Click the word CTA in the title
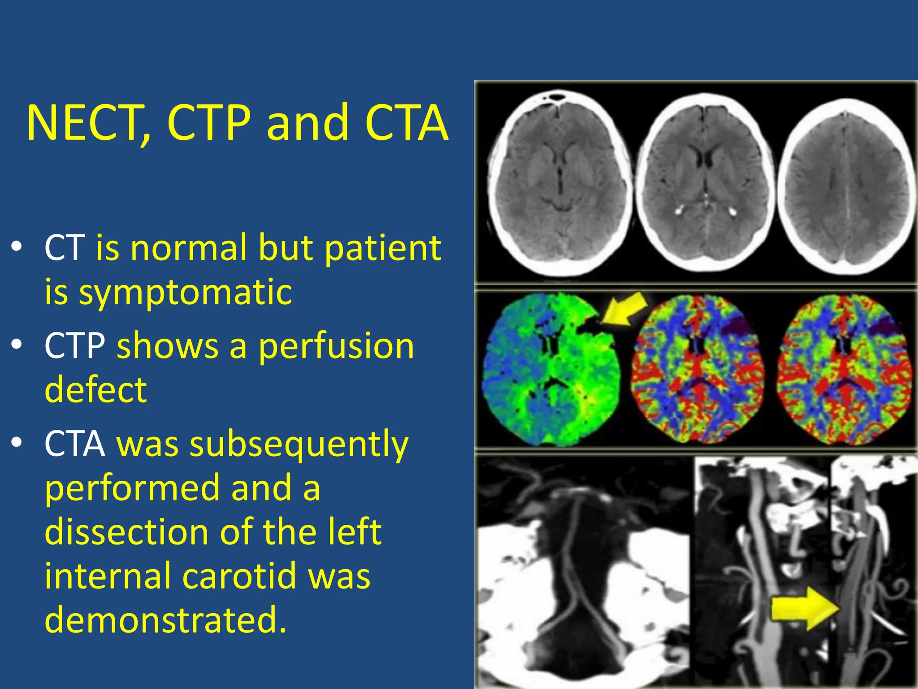[406, 123]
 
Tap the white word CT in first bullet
[65, 248]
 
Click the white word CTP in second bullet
[75, 346]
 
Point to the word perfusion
[336, 346]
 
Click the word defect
[95, 389]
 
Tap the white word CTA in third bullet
[75, 444]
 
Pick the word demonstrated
[165, 619]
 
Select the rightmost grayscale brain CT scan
[845, 186]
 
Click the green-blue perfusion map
[551, 370]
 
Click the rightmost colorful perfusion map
[844, 370]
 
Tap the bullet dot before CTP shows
[17, 345]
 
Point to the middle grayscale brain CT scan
[705, 184]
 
